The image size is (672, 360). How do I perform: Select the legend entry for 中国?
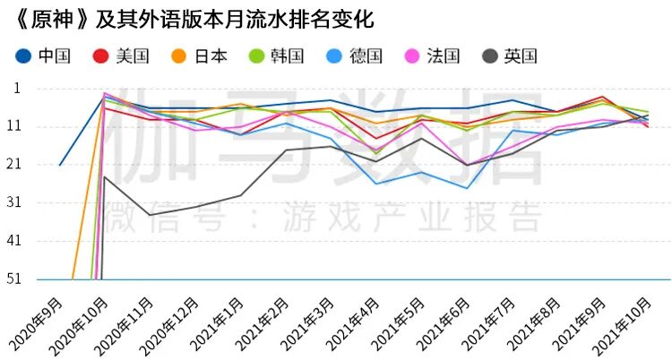point(44,56)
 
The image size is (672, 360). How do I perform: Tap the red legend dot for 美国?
point(101,56)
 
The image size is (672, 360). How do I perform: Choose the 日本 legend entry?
point(200,56)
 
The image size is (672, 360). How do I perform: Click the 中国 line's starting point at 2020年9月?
point(59,165)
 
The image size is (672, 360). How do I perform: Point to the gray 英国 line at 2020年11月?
point(150,215)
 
